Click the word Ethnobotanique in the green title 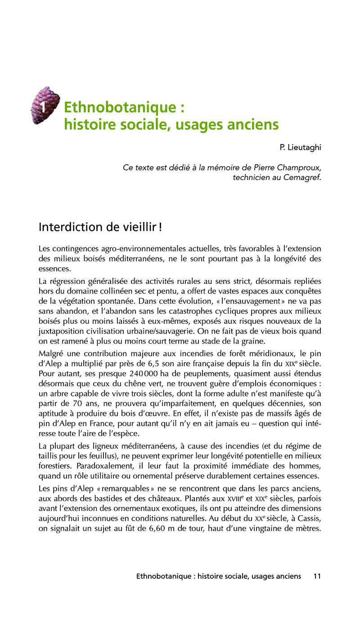pyautogui.click(x=119, y=108)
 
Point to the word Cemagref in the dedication pyautogui.click(x=302, y=177)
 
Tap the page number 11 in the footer pyautogui.click(x=317, y=576)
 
